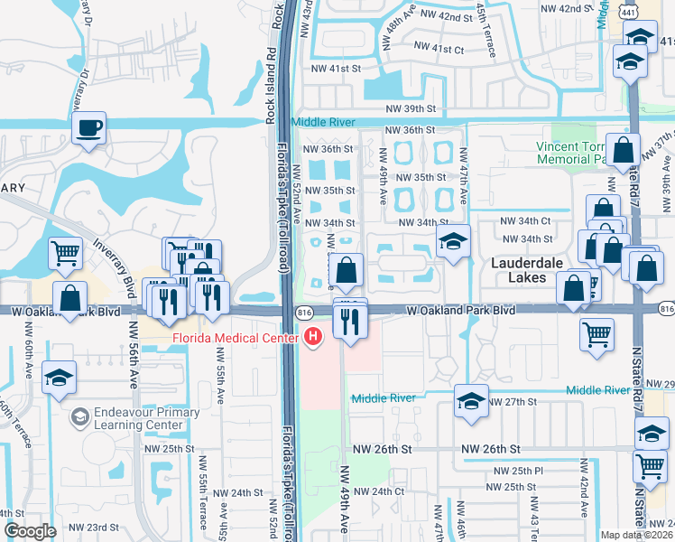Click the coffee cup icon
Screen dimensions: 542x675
tap(89, 128)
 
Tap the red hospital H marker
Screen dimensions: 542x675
tap(313, 338)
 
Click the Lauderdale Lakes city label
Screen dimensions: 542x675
tap(521, 269)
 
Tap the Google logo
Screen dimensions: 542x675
tap(30, 531)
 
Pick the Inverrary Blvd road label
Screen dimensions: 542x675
tap(110, 266)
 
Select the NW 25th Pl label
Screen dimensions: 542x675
tap(521, 472)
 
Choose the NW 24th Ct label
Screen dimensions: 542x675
tap(378, 491)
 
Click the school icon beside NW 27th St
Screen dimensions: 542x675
tap(470, 401)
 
